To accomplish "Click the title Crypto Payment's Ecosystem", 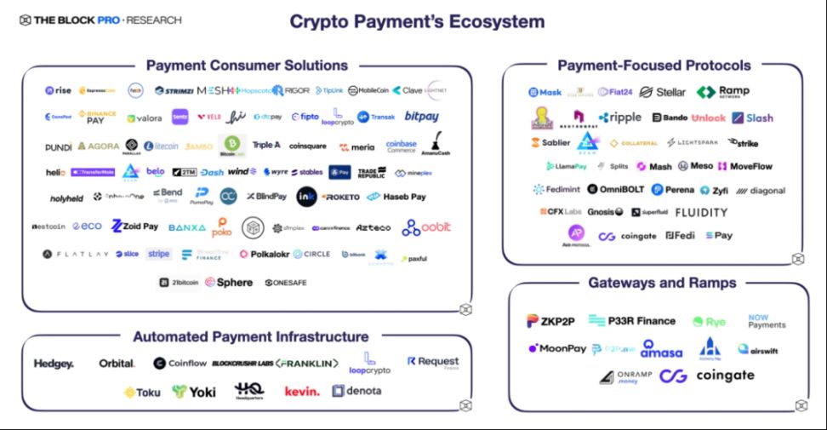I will coord(417,20).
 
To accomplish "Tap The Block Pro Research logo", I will coord(95,20).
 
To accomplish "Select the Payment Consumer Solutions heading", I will coord(247,66).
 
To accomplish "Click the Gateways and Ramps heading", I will coord(662,283).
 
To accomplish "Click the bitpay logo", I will coord(422,117).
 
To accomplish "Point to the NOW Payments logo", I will coord(766,321).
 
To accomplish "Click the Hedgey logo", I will coord(54,364).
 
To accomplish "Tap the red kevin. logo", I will coord(302,392).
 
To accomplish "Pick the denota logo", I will coord(357,392).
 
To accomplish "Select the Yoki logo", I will coord(194,392).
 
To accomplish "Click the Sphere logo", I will coord(230,282).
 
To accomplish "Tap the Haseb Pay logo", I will coord(396,197).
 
